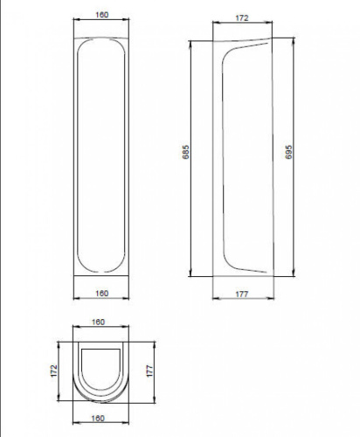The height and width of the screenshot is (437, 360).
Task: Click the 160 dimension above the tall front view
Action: (102, 15)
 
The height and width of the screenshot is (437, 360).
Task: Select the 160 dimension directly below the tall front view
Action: (102, 293)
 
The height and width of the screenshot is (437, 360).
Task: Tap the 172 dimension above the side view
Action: (242, 17)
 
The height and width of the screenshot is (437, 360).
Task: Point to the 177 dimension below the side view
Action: (242, 294)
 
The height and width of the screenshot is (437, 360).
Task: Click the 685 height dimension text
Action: (185, 152)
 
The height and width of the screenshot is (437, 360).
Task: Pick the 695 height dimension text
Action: (288, 152)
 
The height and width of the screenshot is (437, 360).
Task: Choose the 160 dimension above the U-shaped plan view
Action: (98, 322)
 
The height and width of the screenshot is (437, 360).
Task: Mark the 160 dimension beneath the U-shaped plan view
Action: (98, 418)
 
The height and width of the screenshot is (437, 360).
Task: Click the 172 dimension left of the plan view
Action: (54, 371)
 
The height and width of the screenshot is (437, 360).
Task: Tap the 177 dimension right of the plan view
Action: (149, 371)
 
